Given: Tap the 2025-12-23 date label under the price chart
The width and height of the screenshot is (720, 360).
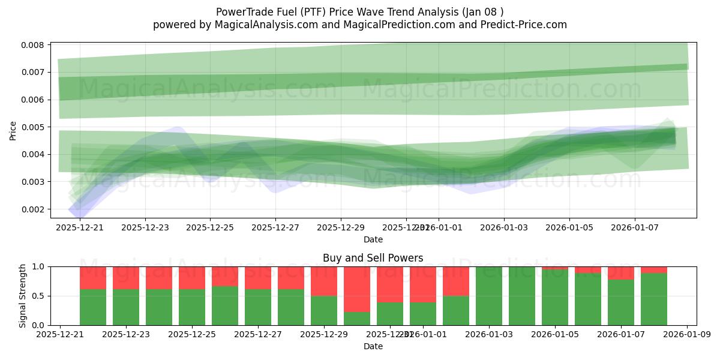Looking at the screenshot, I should click(x=145, y=228).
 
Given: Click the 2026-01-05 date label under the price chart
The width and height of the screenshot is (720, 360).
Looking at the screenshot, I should click(x=569, y=228).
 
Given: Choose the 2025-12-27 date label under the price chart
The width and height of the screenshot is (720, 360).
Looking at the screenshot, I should click(x=275, y=228).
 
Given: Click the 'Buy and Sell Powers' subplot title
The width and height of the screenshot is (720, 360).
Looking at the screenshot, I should click(x=373, y=259).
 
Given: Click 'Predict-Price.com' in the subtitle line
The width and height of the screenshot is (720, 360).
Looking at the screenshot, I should click(x=520, y=25).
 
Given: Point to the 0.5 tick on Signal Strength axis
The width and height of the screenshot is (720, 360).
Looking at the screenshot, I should click(x=40, y=296).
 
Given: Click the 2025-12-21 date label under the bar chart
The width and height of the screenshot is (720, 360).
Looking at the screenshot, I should click(x=60, y=335).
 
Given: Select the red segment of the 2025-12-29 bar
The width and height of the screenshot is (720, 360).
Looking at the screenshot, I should click(x=324, y=281).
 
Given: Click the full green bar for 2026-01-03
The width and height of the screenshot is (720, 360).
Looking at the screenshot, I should click(x=489, y=296).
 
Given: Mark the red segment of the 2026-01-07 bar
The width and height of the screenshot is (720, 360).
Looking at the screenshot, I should click(x=621, y=273).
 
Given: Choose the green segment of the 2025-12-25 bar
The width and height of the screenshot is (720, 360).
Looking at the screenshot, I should click(x=192, y=307).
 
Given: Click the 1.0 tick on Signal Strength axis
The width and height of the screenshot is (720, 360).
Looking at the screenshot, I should click(x=40, y=266).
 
